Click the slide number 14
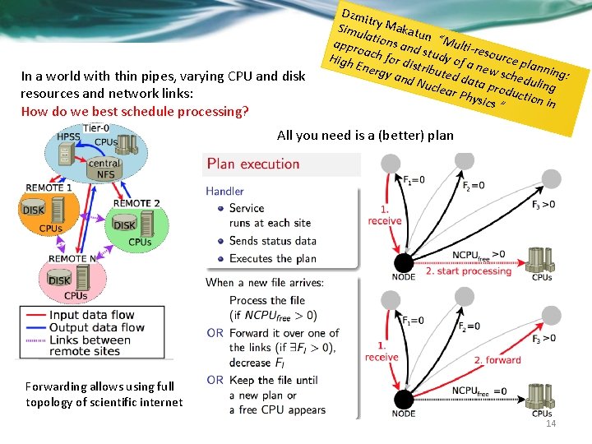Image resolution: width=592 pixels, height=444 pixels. (x=551, y=423)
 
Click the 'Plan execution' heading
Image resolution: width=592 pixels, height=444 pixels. (x=253, y=164)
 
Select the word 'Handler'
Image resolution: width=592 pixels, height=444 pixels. (x=224, y=192)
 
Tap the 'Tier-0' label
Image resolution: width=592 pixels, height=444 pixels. (x=95, y=128)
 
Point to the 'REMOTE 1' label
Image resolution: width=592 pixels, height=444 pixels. (x=49, y=188)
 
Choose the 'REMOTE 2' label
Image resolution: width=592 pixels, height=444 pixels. (x=136, y=203)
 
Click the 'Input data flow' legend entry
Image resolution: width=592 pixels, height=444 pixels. (x=91, y=314)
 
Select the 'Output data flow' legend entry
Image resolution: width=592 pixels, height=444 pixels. (x=96, y=326)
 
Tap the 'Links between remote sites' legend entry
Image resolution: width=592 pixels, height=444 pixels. (x=90, y=345)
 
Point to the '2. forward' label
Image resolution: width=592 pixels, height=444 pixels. (x=497, y=359)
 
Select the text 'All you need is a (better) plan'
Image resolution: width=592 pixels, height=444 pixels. (x=365, y=135)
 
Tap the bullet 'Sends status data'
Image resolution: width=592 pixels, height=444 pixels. (x=273, y=241)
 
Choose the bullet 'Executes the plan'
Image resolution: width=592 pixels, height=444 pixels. (x=273, y=258)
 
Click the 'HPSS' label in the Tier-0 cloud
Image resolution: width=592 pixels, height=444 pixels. (x=70, y=137)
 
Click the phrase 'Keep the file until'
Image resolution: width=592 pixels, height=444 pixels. (x=280, y=380)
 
